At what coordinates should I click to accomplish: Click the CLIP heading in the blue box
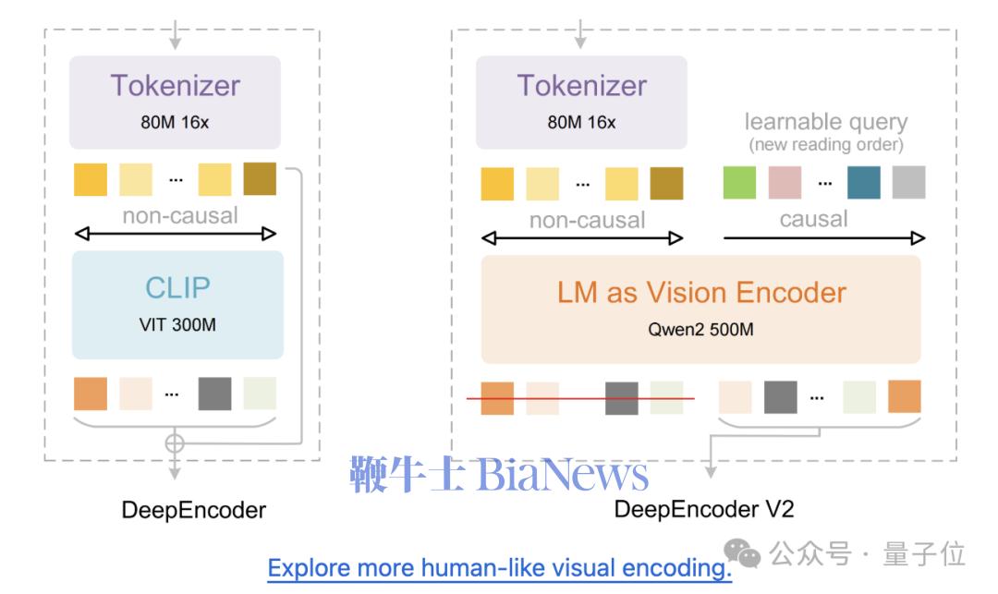[176, 287]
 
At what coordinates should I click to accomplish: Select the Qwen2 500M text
[701, 328]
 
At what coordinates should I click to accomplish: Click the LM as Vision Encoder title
[701, 292]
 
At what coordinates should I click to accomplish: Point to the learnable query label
[825, 121]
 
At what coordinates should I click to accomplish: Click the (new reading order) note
[825, 144]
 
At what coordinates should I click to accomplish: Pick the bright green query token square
[739, 182]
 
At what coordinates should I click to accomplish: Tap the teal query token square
[863, 182]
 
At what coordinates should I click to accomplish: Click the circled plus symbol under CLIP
[174, 442]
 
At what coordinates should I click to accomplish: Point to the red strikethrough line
[579, 399]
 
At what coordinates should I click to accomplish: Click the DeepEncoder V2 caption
[703, 509]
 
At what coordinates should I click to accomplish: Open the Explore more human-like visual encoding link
[499, 566]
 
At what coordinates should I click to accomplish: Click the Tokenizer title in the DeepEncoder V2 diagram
[581, 85]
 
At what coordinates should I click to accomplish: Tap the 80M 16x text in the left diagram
[176, 122]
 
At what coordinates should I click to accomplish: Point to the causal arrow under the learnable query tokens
[823, 238]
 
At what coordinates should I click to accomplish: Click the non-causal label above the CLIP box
[179, 215]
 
